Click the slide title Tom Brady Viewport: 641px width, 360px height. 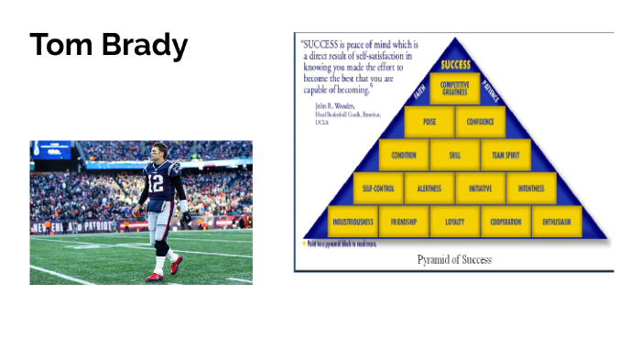tap(109, 45)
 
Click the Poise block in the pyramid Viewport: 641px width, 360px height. tap(429, 122)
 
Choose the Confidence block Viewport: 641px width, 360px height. tap(481, 122)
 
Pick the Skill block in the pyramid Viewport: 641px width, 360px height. tap(455, 155)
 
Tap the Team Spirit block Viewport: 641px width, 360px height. tap(505, 155)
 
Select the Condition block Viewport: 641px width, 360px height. tap(404, 155)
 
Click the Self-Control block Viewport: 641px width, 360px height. tap(378, 189)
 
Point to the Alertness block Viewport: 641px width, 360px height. tap(429, 189)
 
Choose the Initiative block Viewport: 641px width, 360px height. tap(481, 189)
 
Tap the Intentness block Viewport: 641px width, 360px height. tap(531, 189)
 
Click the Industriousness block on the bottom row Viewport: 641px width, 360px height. tap(353, 222)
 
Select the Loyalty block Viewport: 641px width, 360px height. tap(455, 222)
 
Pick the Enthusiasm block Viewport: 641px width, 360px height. tap(557, 222)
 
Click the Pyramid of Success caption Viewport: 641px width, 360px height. tap(454, 259)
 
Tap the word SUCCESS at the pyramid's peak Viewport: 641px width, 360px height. tap(455, 65)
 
